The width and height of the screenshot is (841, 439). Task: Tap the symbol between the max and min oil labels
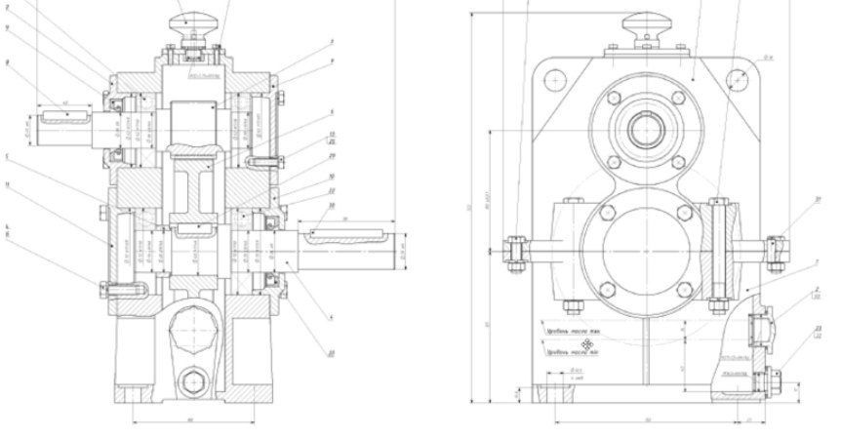[x=587, y=343]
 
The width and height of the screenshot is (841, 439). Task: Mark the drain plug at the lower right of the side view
[x=774, y=378]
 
